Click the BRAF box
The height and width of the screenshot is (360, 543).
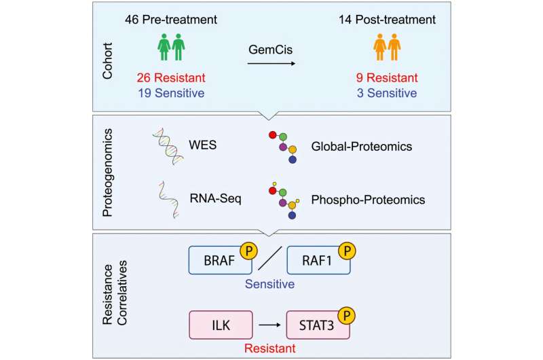click(220, 260)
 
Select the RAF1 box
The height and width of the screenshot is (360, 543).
click(318, 260)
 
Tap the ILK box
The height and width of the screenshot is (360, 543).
click(221, 325)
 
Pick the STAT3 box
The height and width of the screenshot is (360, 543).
click(318, 325)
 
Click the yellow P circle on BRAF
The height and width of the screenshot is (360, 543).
click(248, 251)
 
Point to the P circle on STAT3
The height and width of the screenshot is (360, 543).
click(347, 316)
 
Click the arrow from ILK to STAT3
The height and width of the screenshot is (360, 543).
click(269, 325)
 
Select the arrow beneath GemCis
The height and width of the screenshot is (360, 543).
click(271, 63)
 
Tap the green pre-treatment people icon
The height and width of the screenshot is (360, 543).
click(172, 47)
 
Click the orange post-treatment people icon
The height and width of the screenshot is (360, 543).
click(387, 47)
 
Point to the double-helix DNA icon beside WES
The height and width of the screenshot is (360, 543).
click(168, 146)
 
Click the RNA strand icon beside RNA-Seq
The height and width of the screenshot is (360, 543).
click(169, 200)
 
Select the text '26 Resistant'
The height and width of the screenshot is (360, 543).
click(171, 77)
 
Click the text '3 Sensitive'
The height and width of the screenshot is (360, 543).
click(387, 93)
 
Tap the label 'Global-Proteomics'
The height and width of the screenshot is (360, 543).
click(362, 147)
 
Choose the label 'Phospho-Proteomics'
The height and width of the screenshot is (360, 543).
click(368, 200)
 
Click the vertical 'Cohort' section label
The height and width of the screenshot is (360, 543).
click(107, 61)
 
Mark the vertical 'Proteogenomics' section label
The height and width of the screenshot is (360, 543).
click(107, 173)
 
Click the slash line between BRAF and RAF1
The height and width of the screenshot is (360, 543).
click(269, 258)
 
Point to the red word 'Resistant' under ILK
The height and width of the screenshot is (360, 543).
click(269, 348)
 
